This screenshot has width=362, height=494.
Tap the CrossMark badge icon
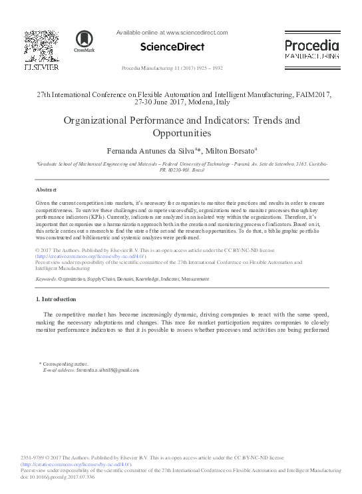(85, 41)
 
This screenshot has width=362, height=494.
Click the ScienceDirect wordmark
(172, 47)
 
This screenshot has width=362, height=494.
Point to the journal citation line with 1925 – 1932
(172, 68)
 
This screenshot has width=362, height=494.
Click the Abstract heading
(46, 189)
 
